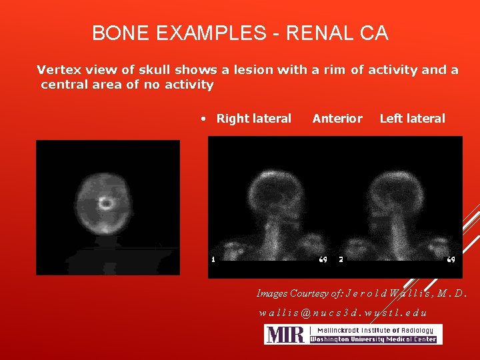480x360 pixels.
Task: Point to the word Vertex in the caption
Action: (x=58, y=69)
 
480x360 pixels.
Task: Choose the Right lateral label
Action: (x=254, y=119)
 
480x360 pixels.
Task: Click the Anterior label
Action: (x=337, y=119)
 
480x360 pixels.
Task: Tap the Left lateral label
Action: (x=412, y=119)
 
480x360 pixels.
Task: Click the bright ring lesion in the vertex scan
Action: (x=105, y=203)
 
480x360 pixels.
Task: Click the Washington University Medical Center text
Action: (x=373, y=339)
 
